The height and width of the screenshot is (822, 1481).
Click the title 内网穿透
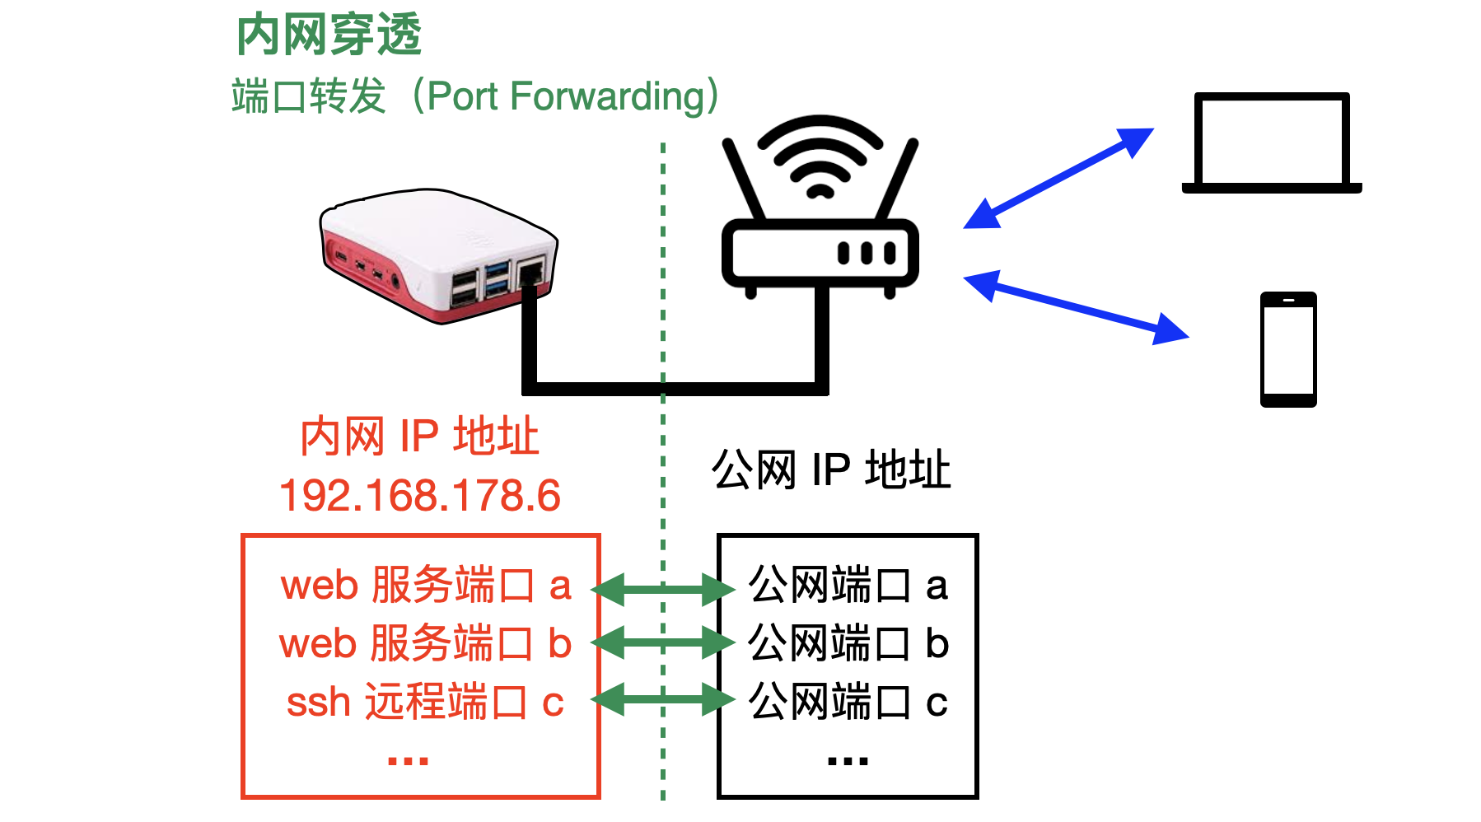pyautogui.click(x=329, y=35)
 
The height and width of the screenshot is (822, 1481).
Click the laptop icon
pyautogui.click(x=1272, y=145)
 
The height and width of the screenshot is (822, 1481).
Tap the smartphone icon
pyautogui.click(x=1288, y=349)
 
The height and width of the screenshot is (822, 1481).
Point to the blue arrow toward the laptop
pyautogui.click(x=1058, y=178)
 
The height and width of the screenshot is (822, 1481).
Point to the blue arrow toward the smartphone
pyautogui.click(x=1076, y=307)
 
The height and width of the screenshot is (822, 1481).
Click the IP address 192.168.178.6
pyautogui.click(x=420, y=496)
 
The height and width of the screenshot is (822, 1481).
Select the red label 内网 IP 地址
pyautogui.click(x=419, y=436)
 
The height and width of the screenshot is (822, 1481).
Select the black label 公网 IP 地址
pyautogui.click(x=831, y=470)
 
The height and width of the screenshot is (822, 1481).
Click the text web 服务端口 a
pyautogui.click(x=425, y=586)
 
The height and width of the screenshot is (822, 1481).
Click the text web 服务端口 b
pyautogui.click(x=425, y=643)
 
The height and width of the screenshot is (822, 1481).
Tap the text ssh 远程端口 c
pyautogui.click(x=425, y=703)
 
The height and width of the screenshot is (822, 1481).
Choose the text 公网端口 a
pyautogui.click(x=848, y=586)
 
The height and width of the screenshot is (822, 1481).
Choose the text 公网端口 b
pyautogui.click(x=848, y=643)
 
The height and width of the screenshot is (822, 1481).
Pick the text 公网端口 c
pyautogui.click(x=848, y=703)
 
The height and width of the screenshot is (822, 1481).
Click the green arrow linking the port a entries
pyautogui.click(x=662, y=589)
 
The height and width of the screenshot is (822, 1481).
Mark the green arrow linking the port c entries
pyautogui.click(x=662, y=701)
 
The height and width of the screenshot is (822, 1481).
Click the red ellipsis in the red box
pyautogui.click(x=409, y=761)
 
